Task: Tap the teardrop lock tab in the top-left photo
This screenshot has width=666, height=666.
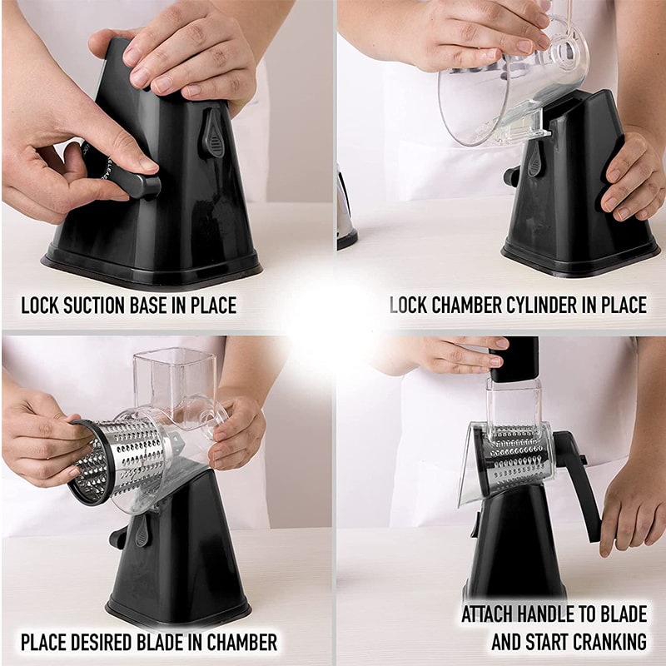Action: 211,131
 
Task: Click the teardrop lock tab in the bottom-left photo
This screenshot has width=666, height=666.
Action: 142,529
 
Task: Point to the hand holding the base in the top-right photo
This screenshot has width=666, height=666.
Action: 633,175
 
